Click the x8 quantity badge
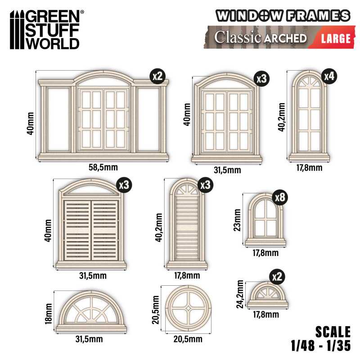(280, 198)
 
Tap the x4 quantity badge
(329, 76)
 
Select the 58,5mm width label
(103, 167)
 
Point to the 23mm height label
(238, 220)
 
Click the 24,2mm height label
(240, 294)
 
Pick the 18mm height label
(49, 314)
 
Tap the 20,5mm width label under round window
(188, 339)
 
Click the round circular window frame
(188, 309)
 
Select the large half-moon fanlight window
(91, 311)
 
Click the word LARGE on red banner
(336, 38)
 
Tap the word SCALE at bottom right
(333, 332)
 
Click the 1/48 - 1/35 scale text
(321, 346)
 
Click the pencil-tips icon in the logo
(17, 29)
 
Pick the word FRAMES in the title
(319, 16)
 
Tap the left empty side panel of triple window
(58, 119)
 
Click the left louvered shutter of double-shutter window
(77, 230)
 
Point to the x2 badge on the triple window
(158, 76)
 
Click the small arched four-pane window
(265, 220)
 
